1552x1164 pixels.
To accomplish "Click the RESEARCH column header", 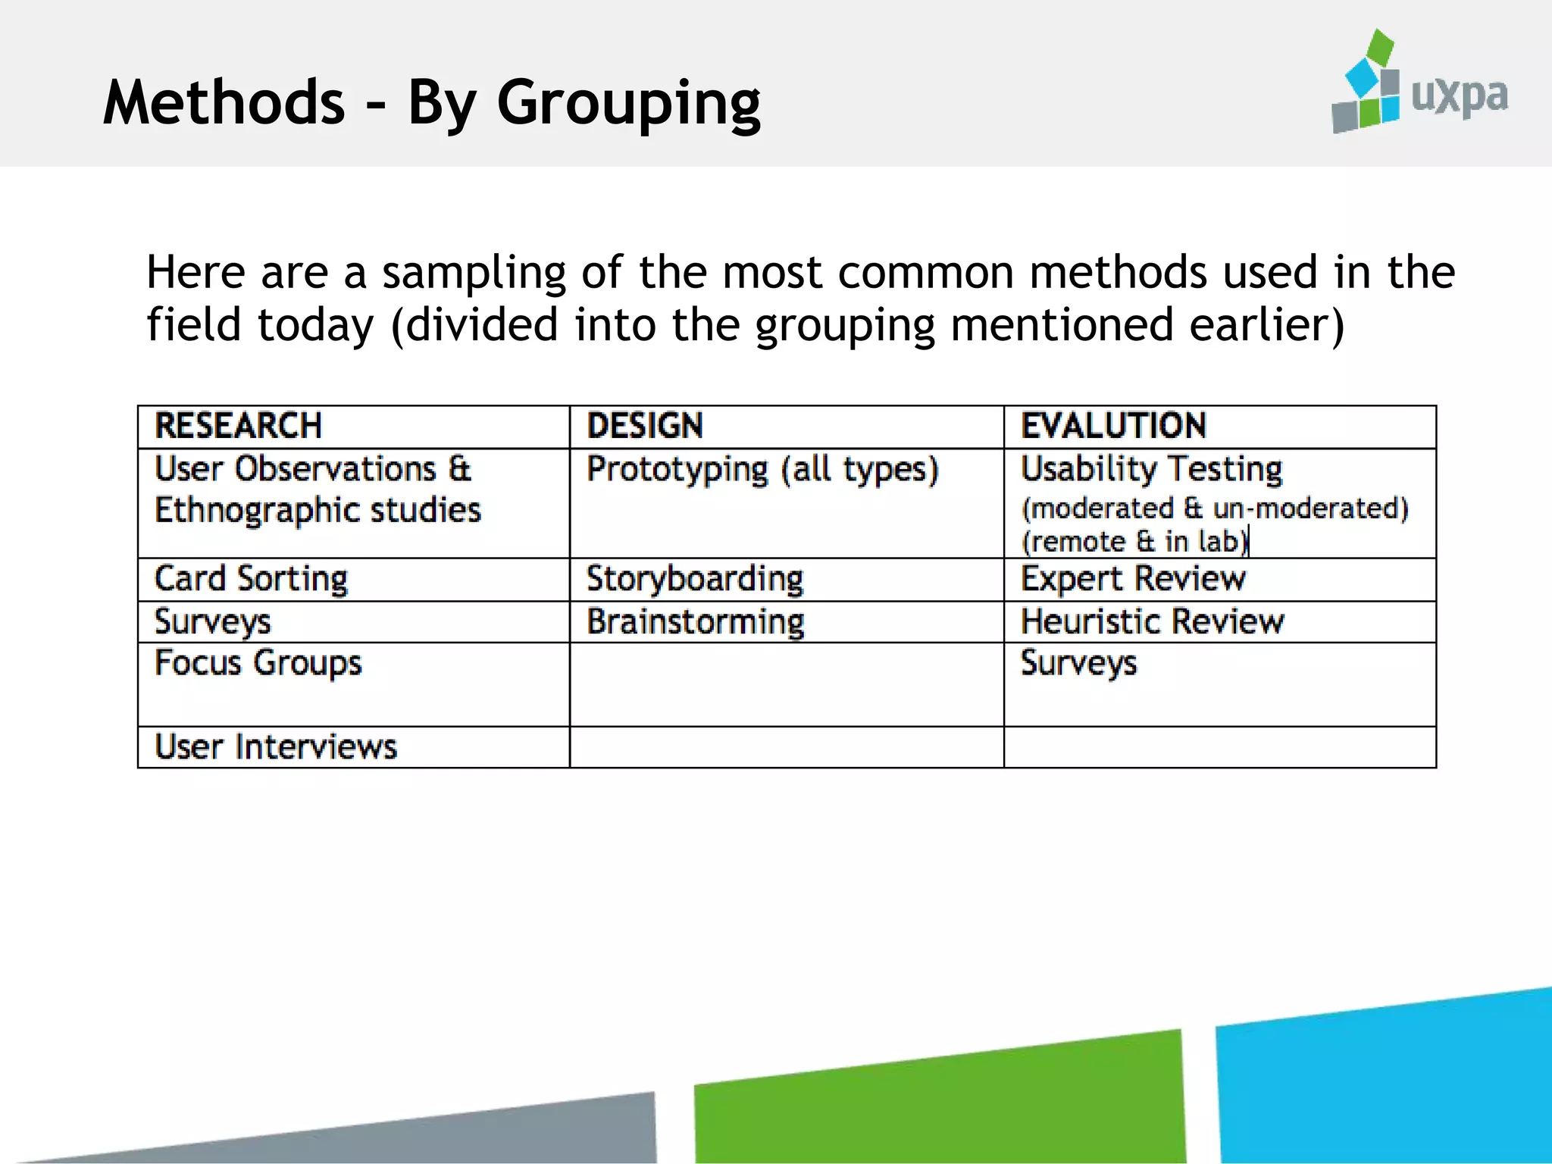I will pyautogui.click(x=238, y=426).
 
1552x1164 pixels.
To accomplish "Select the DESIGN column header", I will pyautogui.click(x=645, y=426).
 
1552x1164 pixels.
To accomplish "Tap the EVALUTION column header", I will pyautogui.click(x=1113, y=426).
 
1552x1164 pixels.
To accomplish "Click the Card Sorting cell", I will pyautogui.click(x=251, y=580).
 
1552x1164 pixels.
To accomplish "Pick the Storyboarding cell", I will pyautogui.click(x=694, y=580).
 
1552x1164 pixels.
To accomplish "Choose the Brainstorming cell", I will pyautogui.click(x=695, y=622).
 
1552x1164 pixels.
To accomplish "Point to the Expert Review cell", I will pyautogui.click(x=1133, y=580).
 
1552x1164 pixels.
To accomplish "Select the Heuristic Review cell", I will pyautogui.click(x=1152, y=622).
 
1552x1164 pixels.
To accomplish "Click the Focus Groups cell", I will pyautogui.click(x=258, y=664).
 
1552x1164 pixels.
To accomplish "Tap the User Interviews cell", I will pyautogui.click(x=275, y=747).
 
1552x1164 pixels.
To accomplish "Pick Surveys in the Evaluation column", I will pyautogui.click(x=1078, y=664).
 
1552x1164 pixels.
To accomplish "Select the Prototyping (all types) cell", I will pyautogui.click(x=762, y=470).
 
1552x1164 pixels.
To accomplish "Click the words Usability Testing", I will pyautogui.click(x=1151, y=470).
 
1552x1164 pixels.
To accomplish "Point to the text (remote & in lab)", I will pyautogui.click(x=1134, y=542).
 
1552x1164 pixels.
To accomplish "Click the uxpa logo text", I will pyautogui.click(x=1459, y=97).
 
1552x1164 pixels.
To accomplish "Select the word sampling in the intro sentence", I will pyautogui.click(x=474, y=273).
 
